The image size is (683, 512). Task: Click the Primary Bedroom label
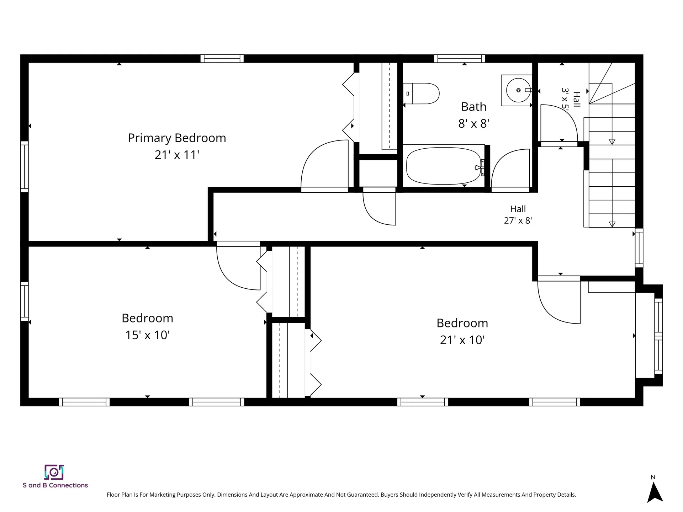click(177, 138)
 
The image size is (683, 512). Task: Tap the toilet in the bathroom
click(421, 94)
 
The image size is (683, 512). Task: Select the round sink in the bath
click(518, 90)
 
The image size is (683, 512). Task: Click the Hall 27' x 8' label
click(518, 215)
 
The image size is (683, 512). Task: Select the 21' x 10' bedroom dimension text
click(462, 340)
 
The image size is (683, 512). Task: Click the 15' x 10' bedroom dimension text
click(147, 335)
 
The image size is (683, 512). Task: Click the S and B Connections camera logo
click(54, 472)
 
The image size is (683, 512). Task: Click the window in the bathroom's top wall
click(459, 59)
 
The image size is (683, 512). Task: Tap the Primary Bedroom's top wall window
click(222, 59)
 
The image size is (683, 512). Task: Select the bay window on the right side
click(658, 336)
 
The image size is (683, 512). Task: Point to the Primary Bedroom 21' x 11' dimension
click(177, 155)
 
